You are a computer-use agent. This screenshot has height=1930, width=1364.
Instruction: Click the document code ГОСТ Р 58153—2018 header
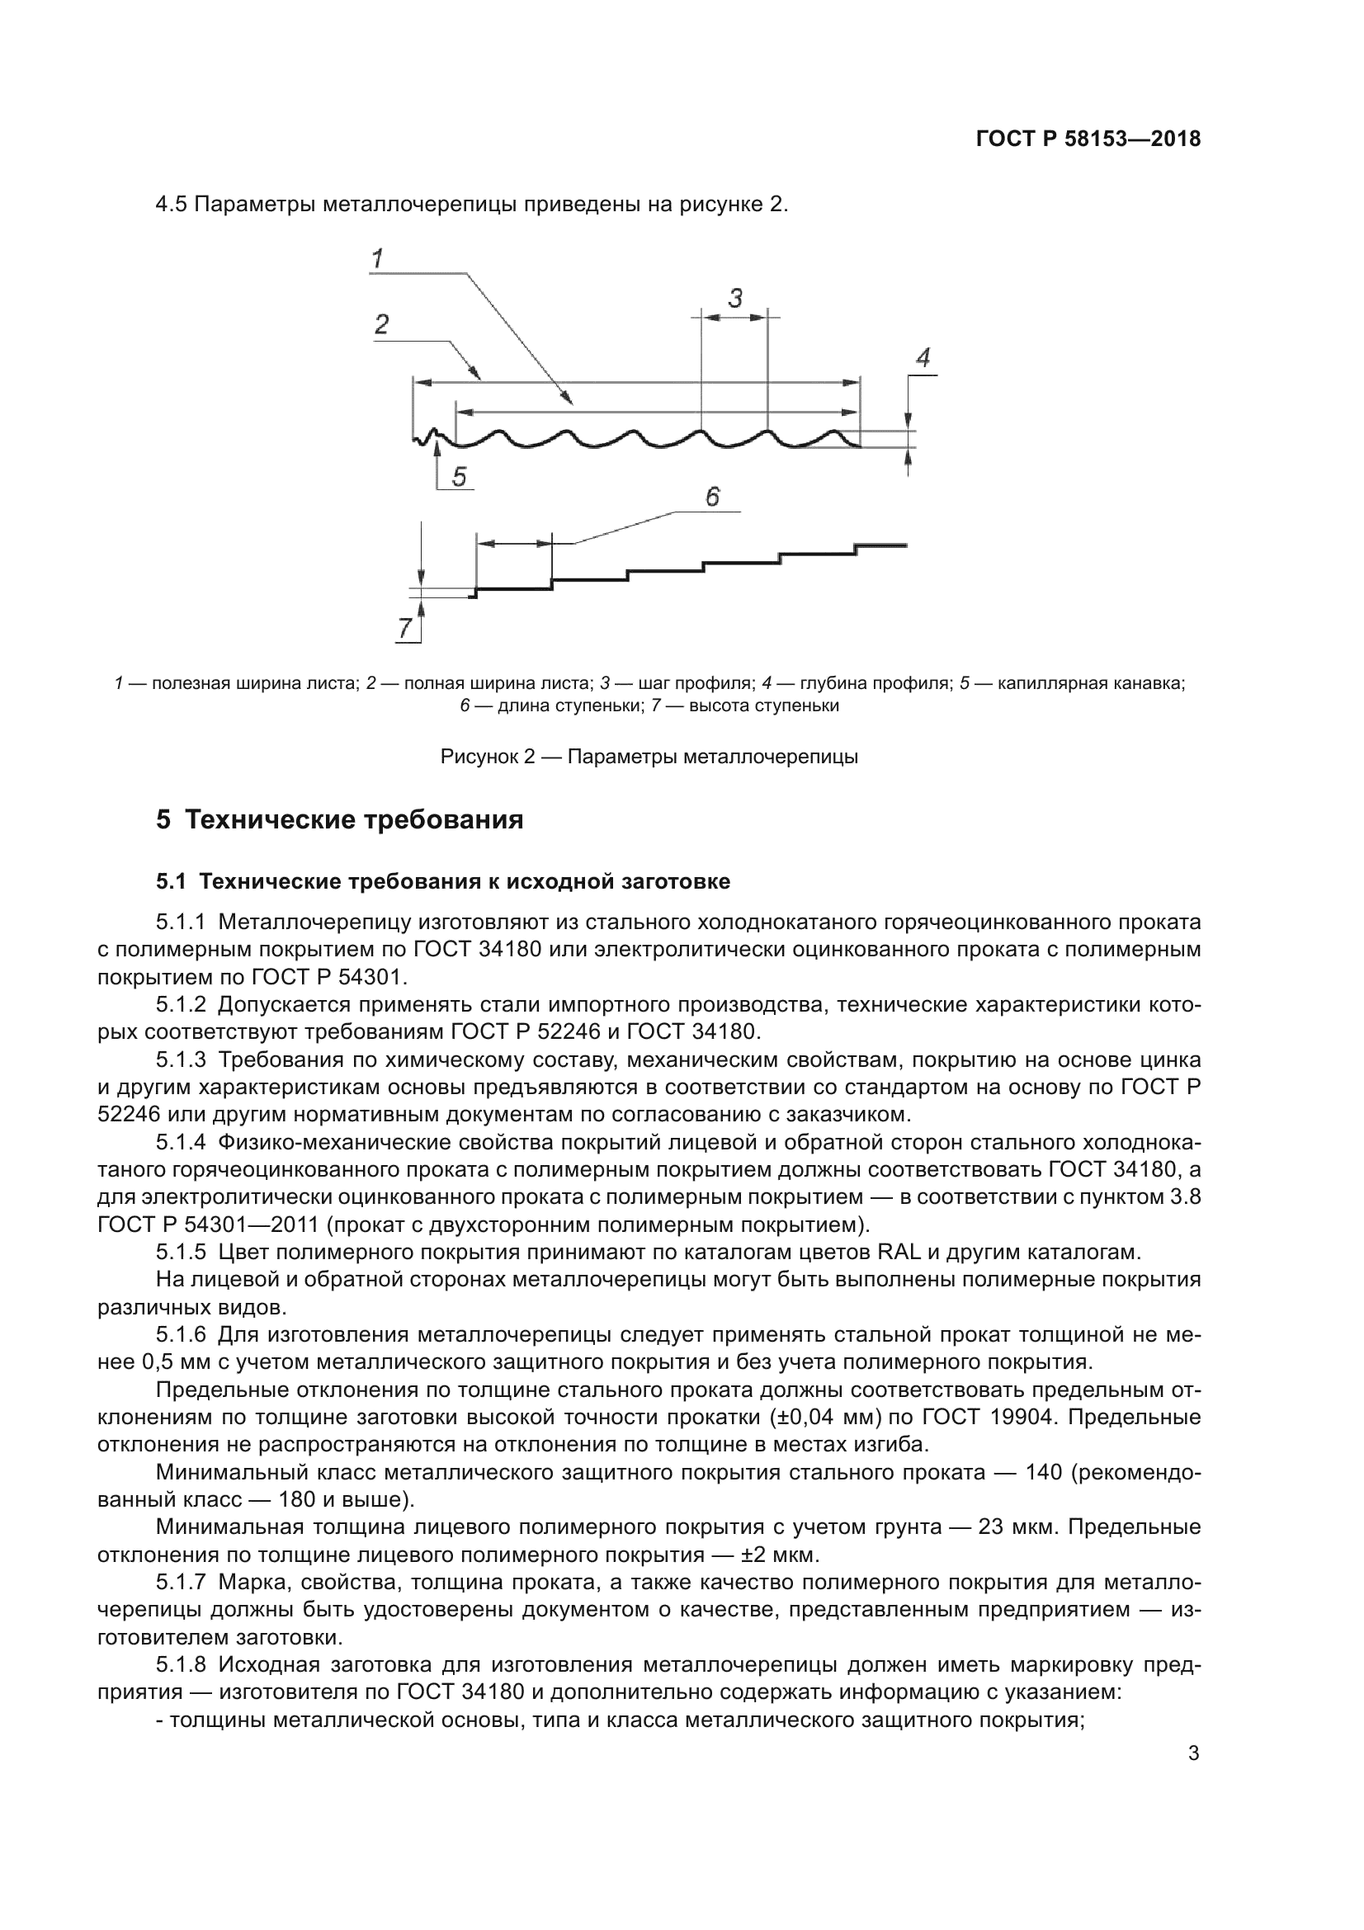(1088, 139)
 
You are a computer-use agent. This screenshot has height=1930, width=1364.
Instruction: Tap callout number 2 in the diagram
(381, 324)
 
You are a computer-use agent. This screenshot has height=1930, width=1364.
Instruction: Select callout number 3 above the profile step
(735, 298)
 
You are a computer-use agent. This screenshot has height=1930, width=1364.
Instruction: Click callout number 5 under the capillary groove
(459, 478)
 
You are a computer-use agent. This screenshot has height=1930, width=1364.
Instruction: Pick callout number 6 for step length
(712, 497)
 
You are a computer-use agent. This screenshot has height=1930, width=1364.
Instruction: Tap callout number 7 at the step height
(405, 628)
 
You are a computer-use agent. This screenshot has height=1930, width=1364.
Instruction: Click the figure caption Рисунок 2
(649, 757)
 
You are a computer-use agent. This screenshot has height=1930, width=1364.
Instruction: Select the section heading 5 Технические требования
(339, 819)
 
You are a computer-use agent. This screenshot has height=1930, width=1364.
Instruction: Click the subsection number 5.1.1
(181, 923)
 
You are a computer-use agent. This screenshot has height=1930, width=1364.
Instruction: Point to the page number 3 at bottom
(1193, 1753)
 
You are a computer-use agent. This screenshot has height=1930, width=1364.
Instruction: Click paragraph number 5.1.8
(181, 1664)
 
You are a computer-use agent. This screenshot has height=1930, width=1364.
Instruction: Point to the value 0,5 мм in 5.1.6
(162, 1361)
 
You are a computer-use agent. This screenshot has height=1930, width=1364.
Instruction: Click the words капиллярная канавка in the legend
(1091, 683)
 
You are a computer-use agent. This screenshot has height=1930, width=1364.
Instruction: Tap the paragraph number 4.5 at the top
(172, 205)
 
